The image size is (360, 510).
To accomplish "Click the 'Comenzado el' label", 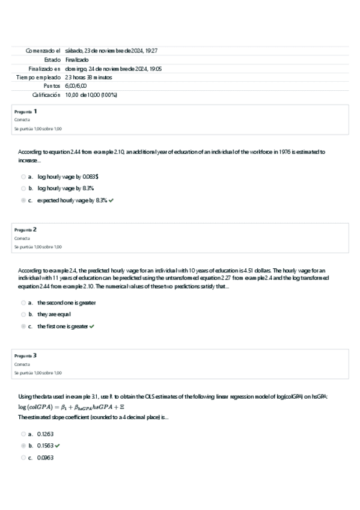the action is [x=43, y=51].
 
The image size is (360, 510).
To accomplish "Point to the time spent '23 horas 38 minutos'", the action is [x=88, y=78].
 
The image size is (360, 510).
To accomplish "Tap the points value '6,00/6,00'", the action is [x=76, y=86].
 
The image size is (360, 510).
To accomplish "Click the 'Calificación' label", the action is [x=46, y=95].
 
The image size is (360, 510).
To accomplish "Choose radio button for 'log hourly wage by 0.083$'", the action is [x=23, y=177].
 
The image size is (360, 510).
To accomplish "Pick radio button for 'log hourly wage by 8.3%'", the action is [x=23, y=188].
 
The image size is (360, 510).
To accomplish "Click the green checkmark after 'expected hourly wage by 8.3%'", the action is [x=111, y=200].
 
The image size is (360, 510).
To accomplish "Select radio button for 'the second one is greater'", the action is [x=23, y=303].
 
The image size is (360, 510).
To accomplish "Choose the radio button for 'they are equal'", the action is [x=23, y=314].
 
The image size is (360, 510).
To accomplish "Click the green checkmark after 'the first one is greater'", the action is [x=91, y=326].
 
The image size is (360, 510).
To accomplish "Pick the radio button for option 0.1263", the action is [x=23, y=434].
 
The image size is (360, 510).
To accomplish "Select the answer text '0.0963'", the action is [x=45, y=457].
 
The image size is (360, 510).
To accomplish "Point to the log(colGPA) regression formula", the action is [x=70, y=406].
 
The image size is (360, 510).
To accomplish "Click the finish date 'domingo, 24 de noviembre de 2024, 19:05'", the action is [x=113, y=69].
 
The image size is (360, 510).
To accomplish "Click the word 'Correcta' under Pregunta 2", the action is [x=22, y=238].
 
